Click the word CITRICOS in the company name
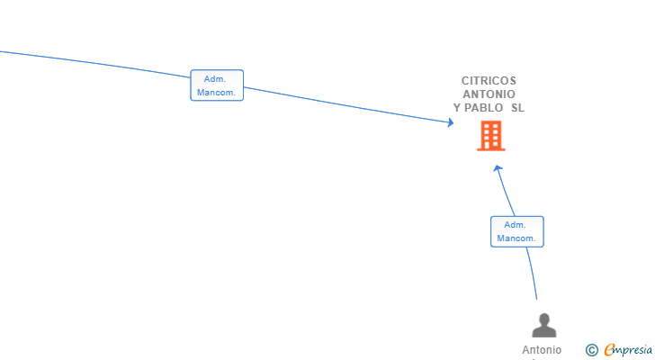(489, 81)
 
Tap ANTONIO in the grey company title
(489, 94)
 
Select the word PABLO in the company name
(483, 108)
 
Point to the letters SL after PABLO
(517, 108)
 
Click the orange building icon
(491, 136)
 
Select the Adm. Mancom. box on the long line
(217, 85)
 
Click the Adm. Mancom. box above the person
(517, 232)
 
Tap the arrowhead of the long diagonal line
(451, 122)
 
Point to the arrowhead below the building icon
(497, 168)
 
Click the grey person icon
(543, 325)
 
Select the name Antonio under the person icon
(542, 350)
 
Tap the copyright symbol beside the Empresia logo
(592, 350)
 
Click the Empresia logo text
(628, 350)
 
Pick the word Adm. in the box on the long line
(215, 79)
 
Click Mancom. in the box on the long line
(216, 93)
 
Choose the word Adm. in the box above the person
(515, 225)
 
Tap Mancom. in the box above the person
(516, 238)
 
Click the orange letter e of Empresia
(610, 349)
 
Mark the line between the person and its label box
(533, 273)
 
